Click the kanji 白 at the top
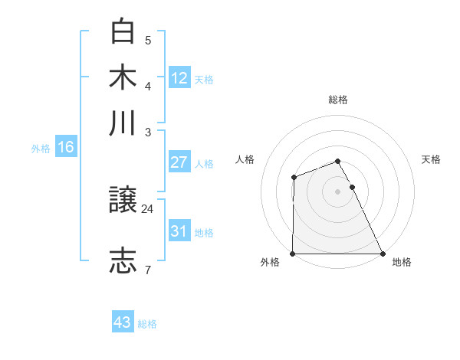coord(124,32)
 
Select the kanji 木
coord(124,77)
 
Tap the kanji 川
coord(124,123)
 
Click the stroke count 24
coord(148,208)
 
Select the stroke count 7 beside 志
coord(147,269)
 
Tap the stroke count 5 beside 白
coord(148,40)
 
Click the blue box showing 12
coord(179,77)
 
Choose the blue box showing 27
coord(179,162)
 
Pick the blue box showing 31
coord(179,231)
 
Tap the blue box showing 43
coord(123,322)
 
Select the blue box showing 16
coord(66,147)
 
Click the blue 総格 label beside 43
coord(147,324)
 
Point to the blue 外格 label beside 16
coord(41,149)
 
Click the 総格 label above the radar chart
coord(338,100)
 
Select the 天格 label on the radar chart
coord(432,159)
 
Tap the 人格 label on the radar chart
coord(245,159)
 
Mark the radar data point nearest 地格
coord(382,254)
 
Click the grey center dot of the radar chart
coord(338,191)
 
